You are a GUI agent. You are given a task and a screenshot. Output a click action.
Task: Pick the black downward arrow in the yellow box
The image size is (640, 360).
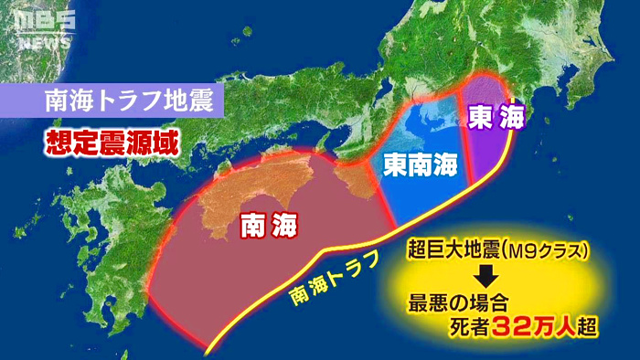(489, 275)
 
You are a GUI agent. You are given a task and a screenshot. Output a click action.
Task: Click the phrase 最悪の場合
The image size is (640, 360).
(457, 302)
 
